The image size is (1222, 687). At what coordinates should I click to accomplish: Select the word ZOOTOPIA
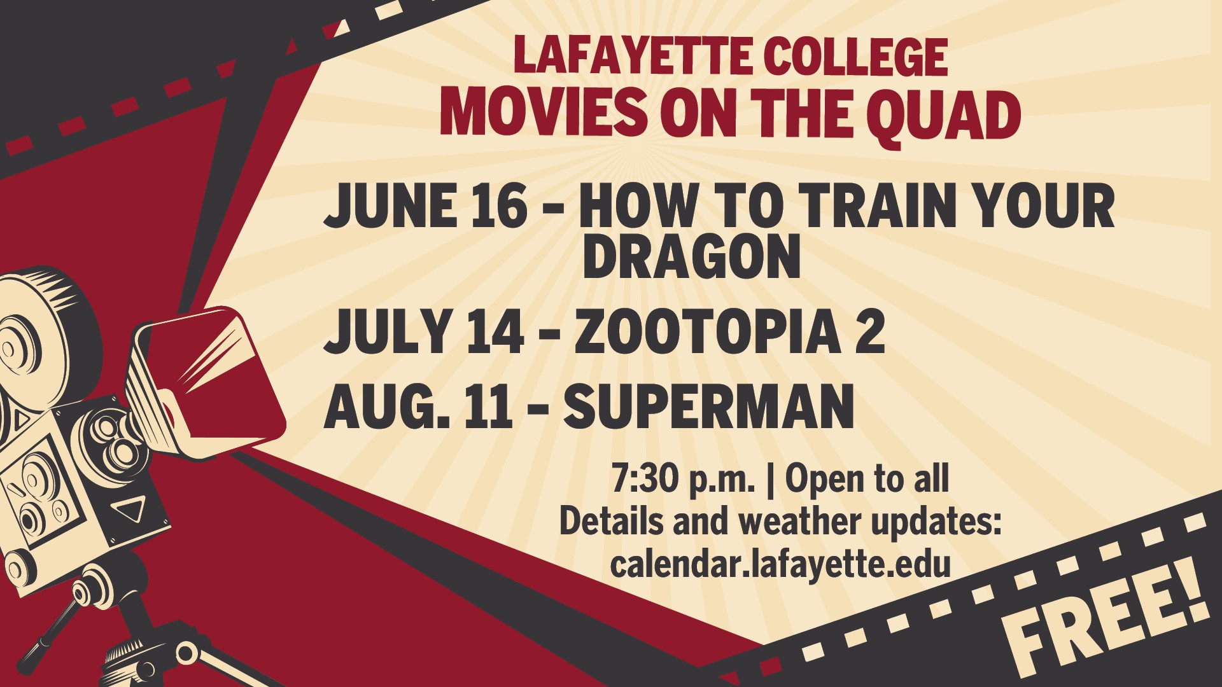click(x=706, y=331)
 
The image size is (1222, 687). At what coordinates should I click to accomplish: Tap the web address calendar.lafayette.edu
click(x=780, y=564)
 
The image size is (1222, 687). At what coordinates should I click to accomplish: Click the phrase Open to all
click(x=867, y=479)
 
